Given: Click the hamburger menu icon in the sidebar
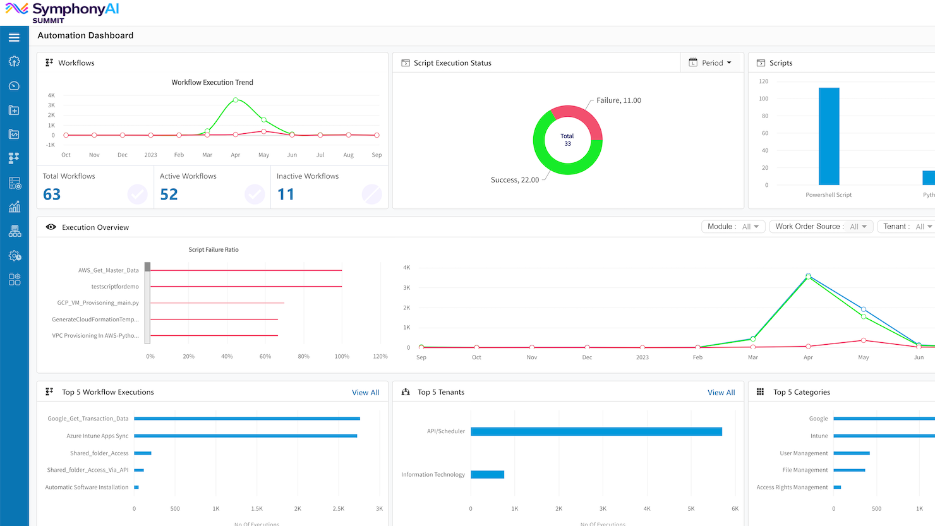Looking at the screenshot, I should click(14, 38).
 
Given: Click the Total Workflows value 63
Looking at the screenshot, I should click(52, 194).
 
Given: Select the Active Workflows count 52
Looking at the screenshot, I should click(169, 194).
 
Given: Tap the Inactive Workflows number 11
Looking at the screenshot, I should click(286, 194).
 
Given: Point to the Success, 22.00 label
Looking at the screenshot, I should click(515, 180).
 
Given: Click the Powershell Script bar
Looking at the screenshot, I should click(829, 136).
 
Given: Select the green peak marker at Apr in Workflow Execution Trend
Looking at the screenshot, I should click(236, 100).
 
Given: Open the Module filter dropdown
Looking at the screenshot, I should click(733, 227).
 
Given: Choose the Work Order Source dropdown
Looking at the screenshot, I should click(821, 227).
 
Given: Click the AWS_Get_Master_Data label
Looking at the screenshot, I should click(108, 270).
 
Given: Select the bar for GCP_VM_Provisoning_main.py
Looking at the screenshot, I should click(217, 303).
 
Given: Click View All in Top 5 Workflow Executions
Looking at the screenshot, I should click(365, 393).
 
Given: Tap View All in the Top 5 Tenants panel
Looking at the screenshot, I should click(721, 393).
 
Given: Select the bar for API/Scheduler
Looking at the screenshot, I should click(596, 432).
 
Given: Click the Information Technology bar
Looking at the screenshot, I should click(487, 475).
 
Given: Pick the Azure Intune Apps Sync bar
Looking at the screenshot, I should click(245, 436).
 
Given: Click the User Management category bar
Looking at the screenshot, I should click(851, 453).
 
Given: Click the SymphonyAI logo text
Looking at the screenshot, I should click(75, 9).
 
